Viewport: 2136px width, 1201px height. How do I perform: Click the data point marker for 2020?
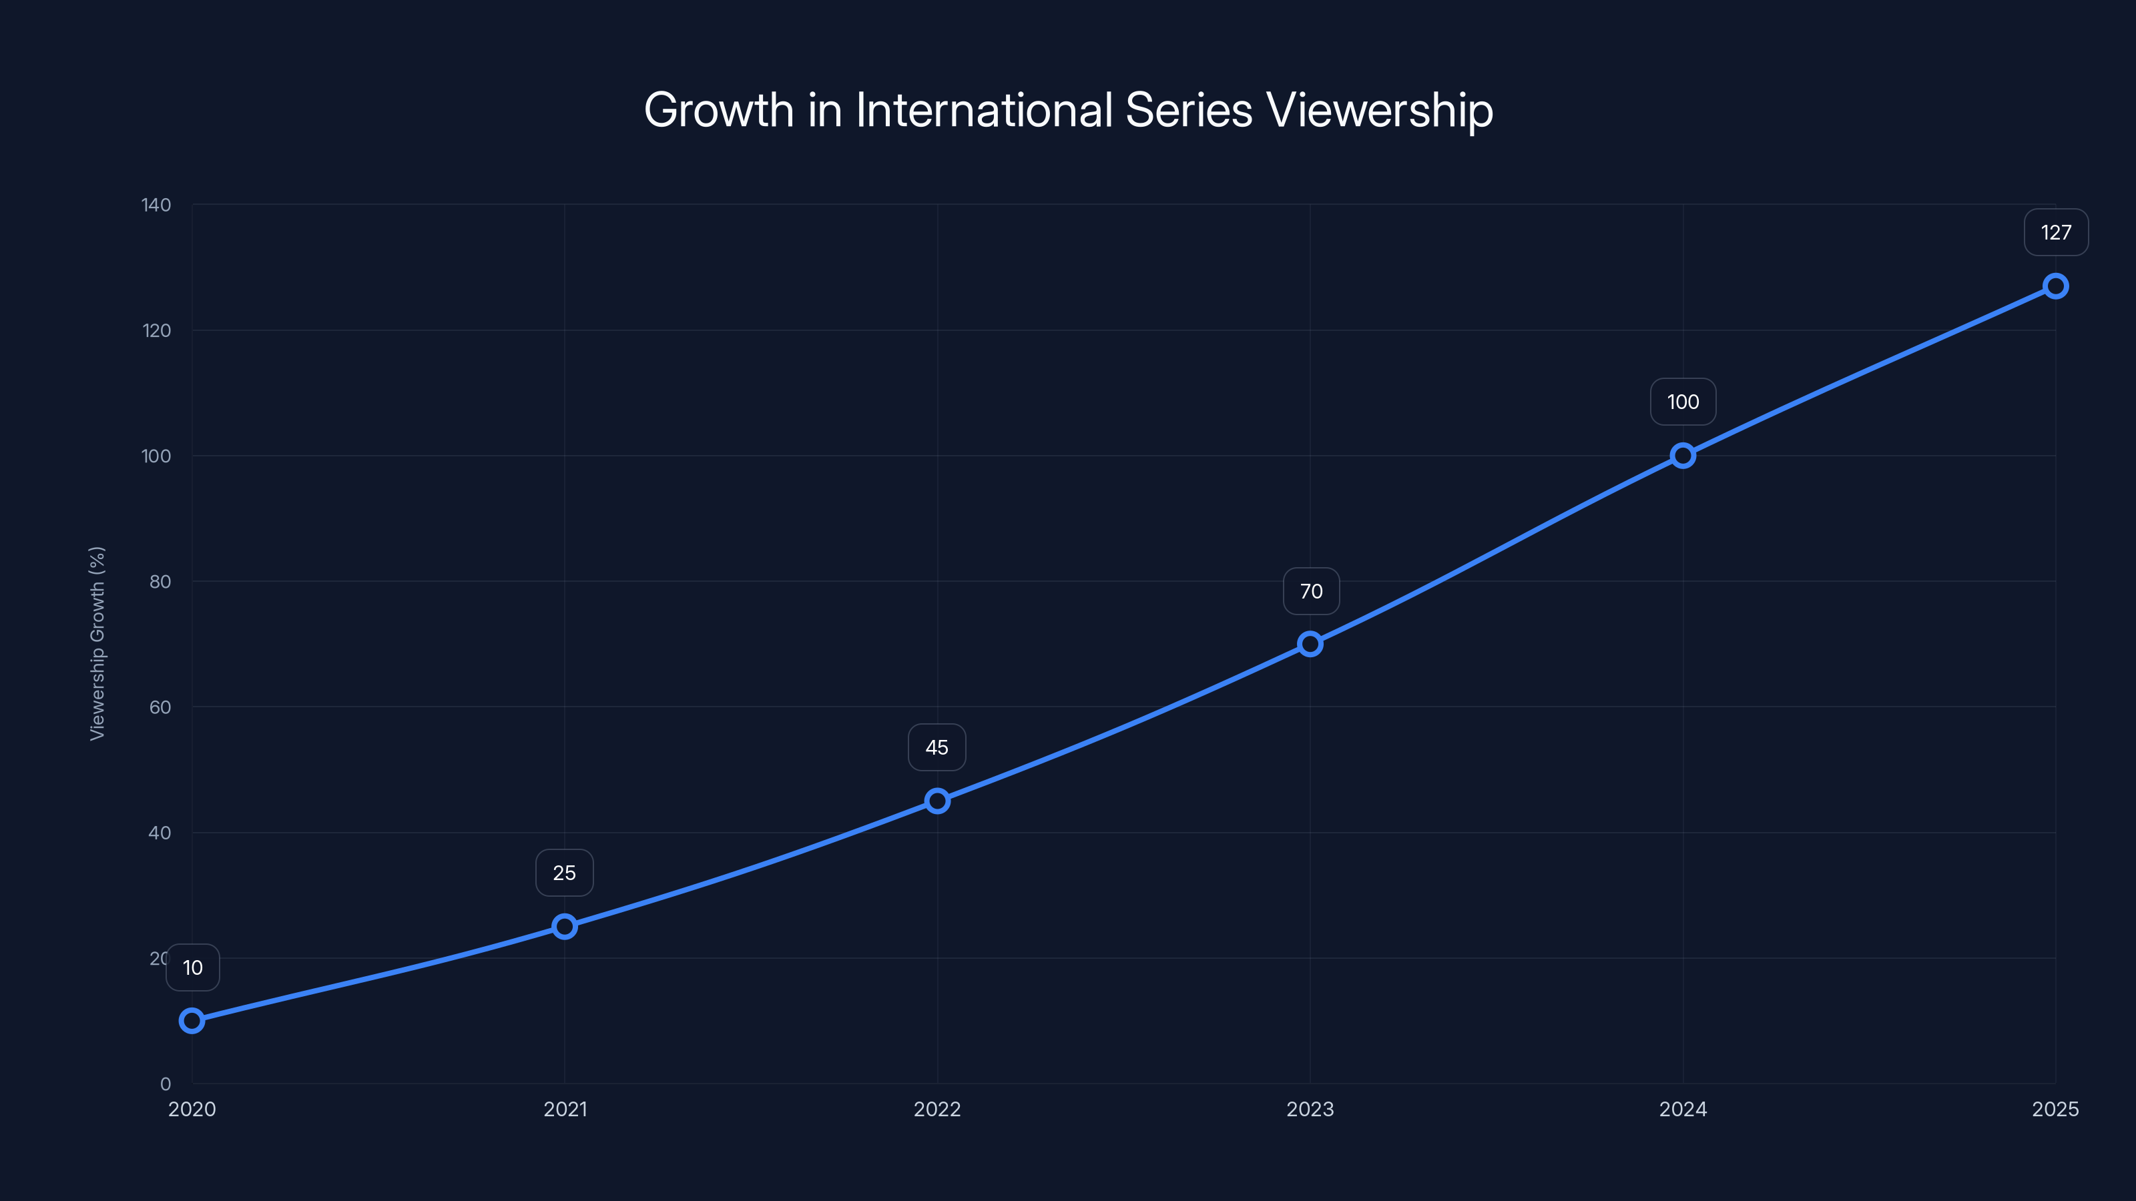point(192,1020)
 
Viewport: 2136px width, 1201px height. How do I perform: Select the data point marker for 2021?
point(565,926)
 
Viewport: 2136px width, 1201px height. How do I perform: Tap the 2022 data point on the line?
point(937,801)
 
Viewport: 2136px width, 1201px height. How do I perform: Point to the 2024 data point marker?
point(1682,455)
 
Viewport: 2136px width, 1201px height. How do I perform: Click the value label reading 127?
point(2056,233)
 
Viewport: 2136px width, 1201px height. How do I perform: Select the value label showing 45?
point(937,747)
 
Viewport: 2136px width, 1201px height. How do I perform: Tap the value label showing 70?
point(1311,591)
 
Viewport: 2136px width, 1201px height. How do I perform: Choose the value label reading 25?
point(565,873)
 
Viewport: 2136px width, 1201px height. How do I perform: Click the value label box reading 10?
point(192,967)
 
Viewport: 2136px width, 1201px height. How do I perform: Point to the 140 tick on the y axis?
point(156,205)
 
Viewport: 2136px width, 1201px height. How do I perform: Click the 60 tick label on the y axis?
point(160,707)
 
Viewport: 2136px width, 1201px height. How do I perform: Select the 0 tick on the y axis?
point(166,1084)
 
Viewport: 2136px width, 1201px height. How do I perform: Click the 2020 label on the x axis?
point(192,1109)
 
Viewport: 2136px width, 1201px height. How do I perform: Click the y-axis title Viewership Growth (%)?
point(97,643)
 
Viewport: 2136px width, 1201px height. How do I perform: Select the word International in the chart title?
point(983,109)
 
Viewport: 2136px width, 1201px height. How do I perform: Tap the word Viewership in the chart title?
point(1379,109)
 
